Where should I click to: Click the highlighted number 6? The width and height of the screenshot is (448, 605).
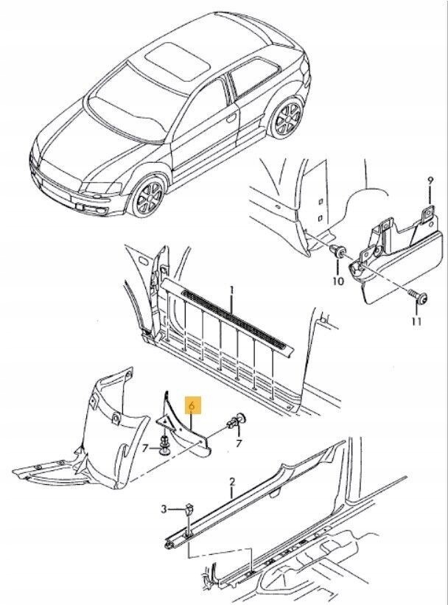tap(192, 405)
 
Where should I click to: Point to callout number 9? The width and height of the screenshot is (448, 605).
tap(431, 181)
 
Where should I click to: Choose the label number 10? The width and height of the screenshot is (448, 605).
tap(338, 281)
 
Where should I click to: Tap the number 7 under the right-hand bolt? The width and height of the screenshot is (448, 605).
tap(238, 442)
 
